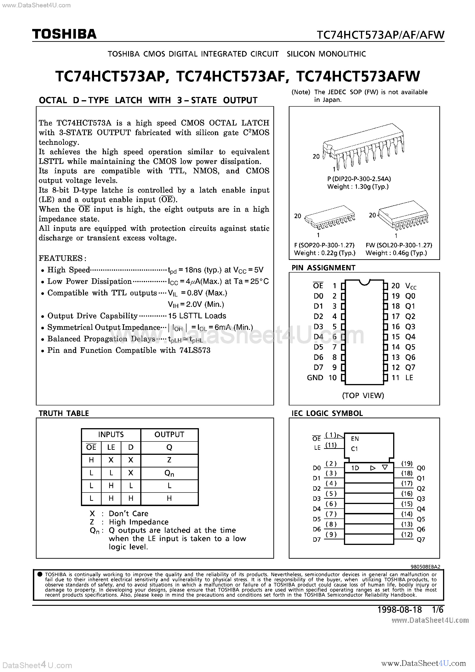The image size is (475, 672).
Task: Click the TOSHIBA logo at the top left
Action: pos(64,34)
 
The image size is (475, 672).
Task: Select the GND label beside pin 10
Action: pos(315,378)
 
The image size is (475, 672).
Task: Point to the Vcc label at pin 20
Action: pos(411,286)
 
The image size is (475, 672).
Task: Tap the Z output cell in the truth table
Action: pos(169,460)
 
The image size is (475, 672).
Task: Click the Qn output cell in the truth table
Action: pos(169,473)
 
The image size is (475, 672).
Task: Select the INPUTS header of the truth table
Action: pos(111,435)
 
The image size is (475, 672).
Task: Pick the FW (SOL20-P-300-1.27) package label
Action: pos(399,245)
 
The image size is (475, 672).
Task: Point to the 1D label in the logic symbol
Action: pos(355,468)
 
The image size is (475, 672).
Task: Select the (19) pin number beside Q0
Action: pos(407,463)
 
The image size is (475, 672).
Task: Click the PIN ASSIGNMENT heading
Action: pos(323,268)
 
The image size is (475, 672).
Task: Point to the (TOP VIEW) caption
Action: pos(363,396)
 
